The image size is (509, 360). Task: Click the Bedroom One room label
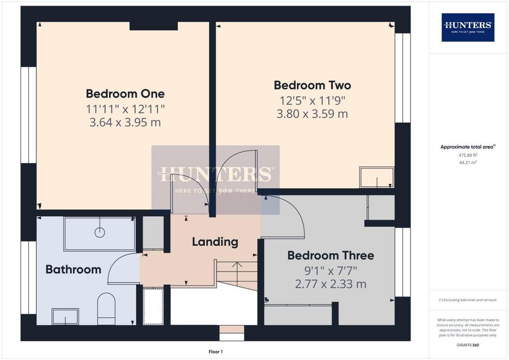[125, 94]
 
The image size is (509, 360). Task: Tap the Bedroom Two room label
[312, 85]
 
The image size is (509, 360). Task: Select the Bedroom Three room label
[331, 255]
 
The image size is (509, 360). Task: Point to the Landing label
[215, 242]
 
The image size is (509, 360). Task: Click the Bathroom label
[74, 270]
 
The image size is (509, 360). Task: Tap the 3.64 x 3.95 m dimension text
[125, 122]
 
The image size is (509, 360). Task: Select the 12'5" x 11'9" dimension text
[312, 100]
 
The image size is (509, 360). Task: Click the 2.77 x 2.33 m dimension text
[331, 284]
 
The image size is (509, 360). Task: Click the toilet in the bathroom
[106, 309]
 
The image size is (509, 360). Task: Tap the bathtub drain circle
[99, 232]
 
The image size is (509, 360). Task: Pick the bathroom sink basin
[65, 316]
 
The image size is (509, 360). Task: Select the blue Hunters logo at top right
[468, 27]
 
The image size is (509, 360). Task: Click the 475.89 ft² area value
[468, 155]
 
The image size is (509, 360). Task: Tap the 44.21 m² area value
[468, 162]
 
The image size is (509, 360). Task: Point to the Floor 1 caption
[216, 352]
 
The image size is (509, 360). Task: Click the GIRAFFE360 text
[468, 345]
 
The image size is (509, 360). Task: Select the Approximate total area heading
[468, 147]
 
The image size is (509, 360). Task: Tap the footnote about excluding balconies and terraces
[468, 300]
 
